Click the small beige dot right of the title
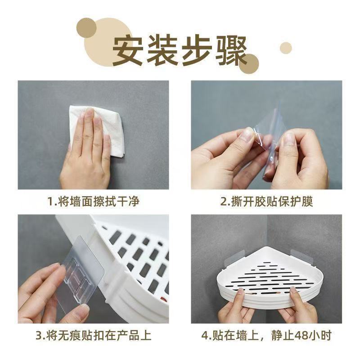coord(286,48)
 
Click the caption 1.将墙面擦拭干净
coord(93,201)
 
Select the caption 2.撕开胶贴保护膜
coord(266,201)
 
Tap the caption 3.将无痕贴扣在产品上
coord(93,335)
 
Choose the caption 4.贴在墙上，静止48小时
coord(266,335)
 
